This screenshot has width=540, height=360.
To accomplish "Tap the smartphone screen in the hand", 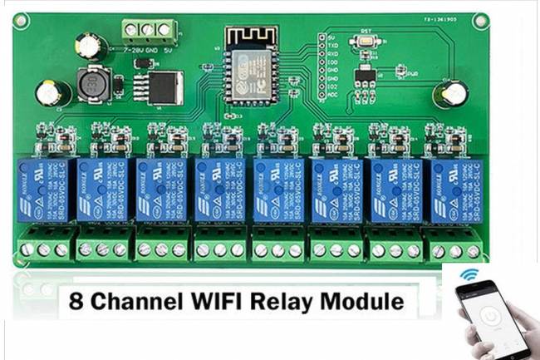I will [496, 321].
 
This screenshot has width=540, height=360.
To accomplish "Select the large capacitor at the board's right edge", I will [454, 93].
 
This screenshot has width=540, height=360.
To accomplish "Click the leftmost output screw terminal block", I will [44, 247].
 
